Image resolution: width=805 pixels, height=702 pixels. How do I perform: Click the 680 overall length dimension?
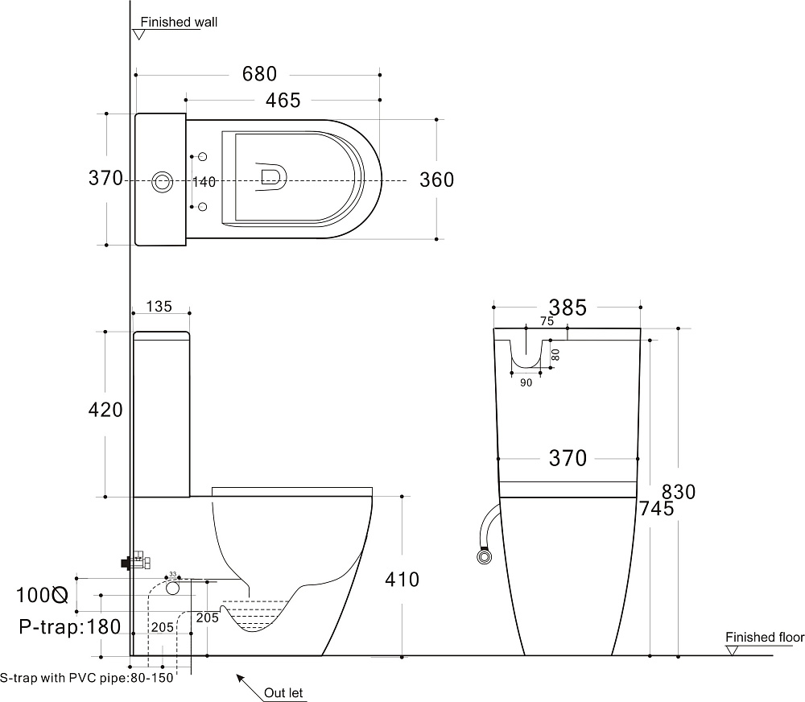259,74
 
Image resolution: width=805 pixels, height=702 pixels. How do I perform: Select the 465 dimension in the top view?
283,101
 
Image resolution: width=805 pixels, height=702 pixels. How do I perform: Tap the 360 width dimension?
436,180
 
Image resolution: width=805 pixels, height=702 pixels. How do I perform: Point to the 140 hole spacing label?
204,182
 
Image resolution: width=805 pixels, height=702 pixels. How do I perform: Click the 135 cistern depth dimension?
159,307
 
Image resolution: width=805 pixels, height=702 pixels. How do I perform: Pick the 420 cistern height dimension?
105,410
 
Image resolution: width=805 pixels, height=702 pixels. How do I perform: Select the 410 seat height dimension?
402,580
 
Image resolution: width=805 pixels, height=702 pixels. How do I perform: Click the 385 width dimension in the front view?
568,308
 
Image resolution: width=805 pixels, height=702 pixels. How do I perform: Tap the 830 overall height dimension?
679,492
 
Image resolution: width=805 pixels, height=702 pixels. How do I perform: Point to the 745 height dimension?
657,509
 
